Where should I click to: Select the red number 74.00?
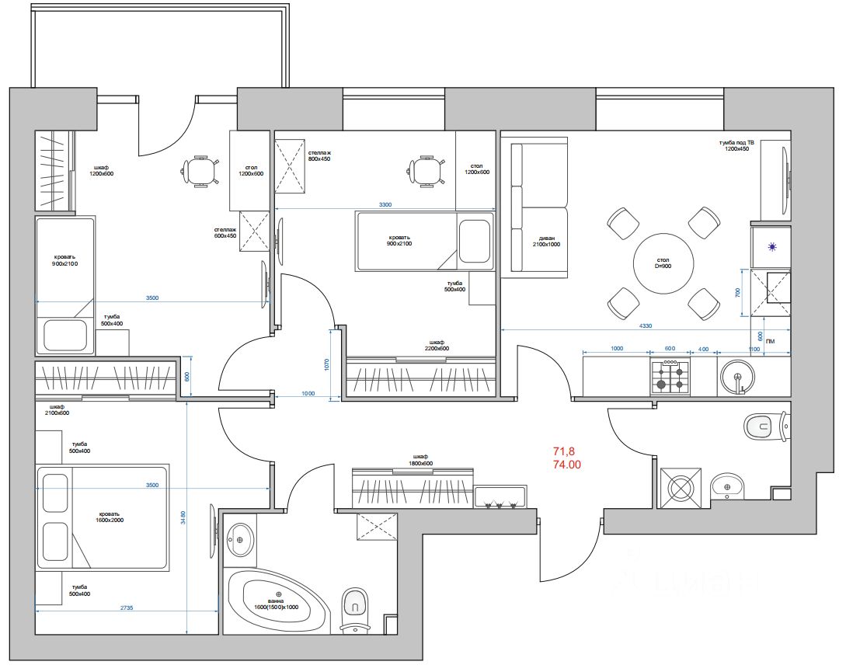point(567,465)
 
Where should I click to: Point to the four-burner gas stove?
point(670,378)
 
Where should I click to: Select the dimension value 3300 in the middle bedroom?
point(385,204)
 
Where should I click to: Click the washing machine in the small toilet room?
point(680,488)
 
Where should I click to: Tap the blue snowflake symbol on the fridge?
point(771,247)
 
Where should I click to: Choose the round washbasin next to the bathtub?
point(241,538)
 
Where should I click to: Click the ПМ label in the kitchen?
point(770,340)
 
